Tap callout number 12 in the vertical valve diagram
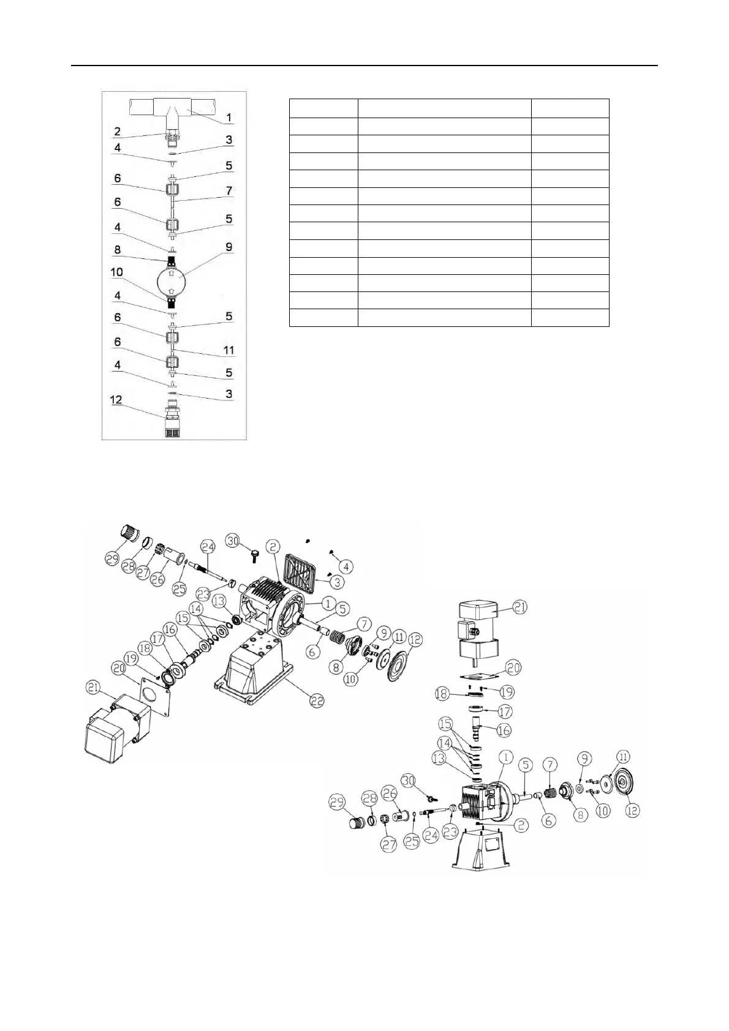pyautogui.click(x=115, y=400)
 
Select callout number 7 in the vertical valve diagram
pyautogui.click(x=229, y=191)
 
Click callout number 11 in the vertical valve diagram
pyautogui.click(x=229, y=350)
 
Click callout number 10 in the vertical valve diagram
pyautogui.click(x=115, y=272)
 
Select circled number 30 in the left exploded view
pyautogui.click(x=233, y=541)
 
